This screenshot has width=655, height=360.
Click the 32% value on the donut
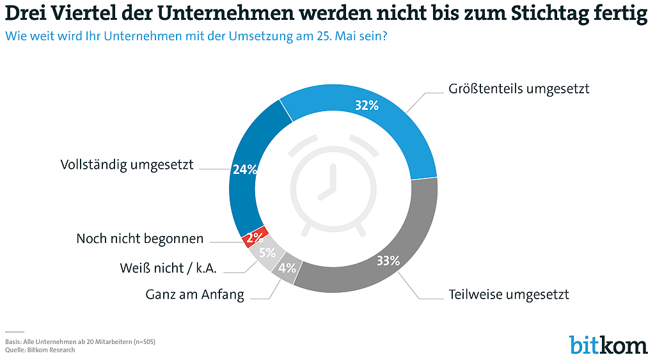pos(367,105)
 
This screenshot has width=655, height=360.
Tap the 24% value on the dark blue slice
pos(245,169)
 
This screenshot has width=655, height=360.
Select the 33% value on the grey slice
pos(388,260)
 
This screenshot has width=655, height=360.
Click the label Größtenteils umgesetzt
pos(517,89)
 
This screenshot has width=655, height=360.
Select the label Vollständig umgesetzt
pos(127,164)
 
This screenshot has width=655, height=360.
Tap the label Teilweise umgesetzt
pos(509,295)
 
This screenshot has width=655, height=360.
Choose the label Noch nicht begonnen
pos(139,239)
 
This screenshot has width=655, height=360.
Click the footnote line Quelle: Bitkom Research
pos(40,350)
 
